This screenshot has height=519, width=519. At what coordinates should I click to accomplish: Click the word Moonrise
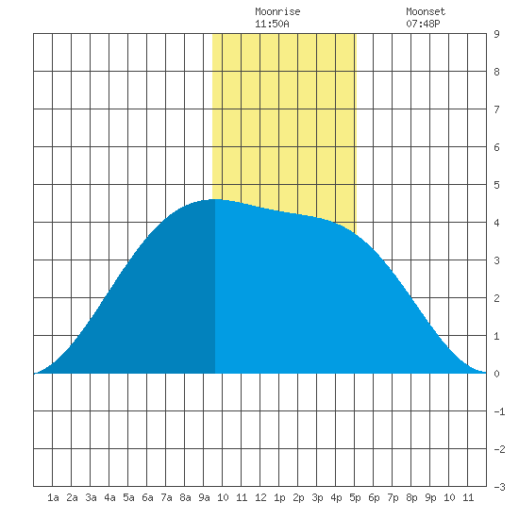277,11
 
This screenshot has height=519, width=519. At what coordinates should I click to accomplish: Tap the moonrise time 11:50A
272,24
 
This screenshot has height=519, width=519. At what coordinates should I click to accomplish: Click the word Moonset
426,11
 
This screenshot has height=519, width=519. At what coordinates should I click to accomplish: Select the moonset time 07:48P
423,24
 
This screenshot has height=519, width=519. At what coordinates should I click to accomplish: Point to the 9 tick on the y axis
496,34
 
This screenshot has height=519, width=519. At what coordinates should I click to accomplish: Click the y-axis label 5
496,185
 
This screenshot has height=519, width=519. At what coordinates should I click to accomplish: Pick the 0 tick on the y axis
496,374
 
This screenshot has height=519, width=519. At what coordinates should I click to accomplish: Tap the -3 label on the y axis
499,487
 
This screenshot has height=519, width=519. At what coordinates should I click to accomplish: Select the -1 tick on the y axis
499,411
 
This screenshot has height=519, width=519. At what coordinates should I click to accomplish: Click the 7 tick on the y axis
496,109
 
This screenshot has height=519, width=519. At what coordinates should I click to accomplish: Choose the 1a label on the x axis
53,497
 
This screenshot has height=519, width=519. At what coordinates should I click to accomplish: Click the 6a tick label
147,497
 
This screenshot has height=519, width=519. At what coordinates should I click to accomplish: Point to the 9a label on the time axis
204,497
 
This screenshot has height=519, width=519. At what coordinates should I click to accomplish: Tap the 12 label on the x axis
260,497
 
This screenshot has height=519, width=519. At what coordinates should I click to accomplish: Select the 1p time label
279,497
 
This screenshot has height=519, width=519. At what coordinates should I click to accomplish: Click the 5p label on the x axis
355,497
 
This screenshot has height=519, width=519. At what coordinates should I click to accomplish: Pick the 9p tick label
430,497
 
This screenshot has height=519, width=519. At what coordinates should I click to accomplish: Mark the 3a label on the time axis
91,497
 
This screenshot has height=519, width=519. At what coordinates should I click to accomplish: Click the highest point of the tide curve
215,199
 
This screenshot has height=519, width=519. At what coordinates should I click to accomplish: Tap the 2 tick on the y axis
496,298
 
